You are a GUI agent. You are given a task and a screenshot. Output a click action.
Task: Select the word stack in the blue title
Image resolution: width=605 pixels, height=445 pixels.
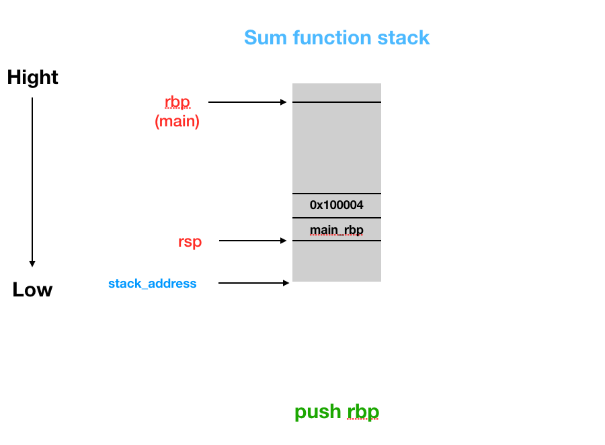pos(403,38)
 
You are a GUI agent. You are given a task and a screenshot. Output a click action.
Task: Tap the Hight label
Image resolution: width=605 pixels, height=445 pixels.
pos(32,78)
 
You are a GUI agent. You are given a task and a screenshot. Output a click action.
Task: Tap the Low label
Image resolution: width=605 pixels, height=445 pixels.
pos(32,290)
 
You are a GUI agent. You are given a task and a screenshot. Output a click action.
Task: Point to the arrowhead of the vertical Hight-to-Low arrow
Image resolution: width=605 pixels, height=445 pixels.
pos(32,264)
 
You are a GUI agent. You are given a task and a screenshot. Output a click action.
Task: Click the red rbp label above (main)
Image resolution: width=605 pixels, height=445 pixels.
pos(177,102)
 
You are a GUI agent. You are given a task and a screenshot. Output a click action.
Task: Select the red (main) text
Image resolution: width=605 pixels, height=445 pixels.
pos(177,121)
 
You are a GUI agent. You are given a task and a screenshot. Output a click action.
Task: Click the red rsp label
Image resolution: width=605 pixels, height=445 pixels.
pos(190,242)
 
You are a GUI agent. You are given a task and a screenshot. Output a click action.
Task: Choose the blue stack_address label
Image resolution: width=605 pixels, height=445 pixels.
pos(153,284)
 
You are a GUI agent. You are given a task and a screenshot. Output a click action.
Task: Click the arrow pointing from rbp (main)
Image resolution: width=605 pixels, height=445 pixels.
pos(247,102)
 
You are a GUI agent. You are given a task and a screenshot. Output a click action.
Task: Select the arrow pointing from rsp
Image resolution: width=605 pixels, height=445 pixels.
pos(253,241)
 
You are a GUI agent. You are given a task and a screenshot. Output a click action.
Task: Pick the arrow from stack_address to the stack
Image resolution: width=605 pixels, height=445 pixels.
pos(253,283)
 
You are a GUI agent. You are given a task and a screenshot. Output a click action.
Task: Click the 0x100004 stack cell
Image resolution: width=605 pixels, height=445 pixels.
pos(337,205)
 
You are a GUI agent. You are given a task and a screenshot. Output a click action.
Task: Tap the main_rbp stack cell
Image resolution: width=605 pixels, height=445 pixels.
pos(337,230)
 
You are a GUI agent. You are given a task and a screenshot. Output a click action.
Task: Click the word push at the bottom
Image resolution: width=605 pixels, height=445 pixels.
pos(318,412)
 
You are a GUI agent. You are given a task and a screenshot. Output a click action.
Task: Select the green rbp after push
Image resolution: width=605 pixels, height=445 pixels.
pos(363,412)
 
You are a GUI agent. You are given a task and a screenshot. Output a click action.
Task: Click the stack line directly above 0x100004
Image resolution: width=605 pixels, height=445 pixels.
pos(337,194)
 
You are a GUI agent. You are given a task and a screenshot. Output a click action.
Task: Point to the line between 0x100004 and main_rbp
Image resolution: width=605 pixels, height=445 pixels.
pos(337,218)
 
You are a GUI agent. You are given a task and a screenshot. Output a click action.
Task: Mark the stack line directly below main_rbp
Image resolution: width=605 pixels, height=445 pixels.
pos(337,241)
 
